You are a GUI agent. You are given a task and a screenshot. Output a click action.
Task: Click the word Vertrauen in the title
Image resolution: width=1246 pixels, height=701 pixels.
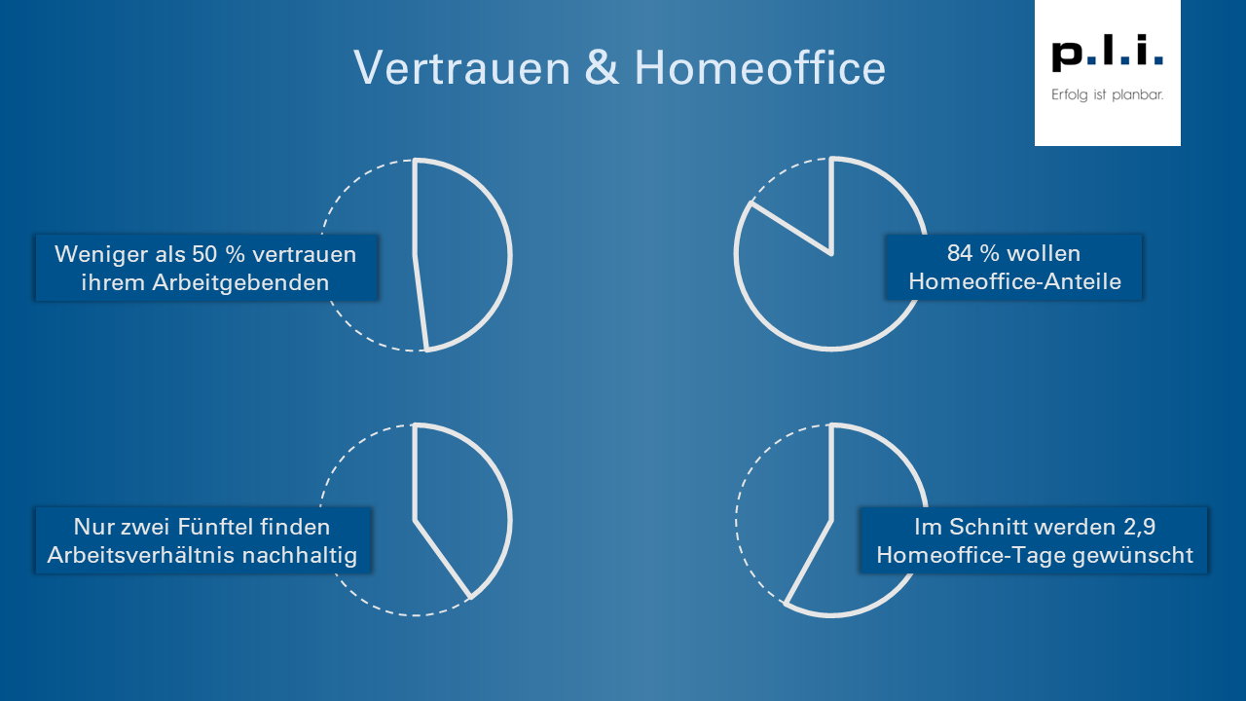(x=462, y=68)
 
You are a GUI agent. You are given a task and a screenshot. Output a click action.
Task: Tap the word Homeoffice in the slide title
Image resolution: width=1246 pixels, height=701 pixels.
(x=760, y=68)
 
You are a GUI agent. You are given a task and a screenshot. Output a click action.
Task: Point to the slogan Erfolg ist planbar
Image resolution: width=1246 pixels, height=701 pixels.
(x=1108, y=95)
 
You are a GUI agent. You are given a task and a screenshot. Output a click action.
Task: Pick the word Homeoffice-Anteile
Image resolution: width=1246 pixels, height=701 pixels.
(x=1014, y=282)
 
